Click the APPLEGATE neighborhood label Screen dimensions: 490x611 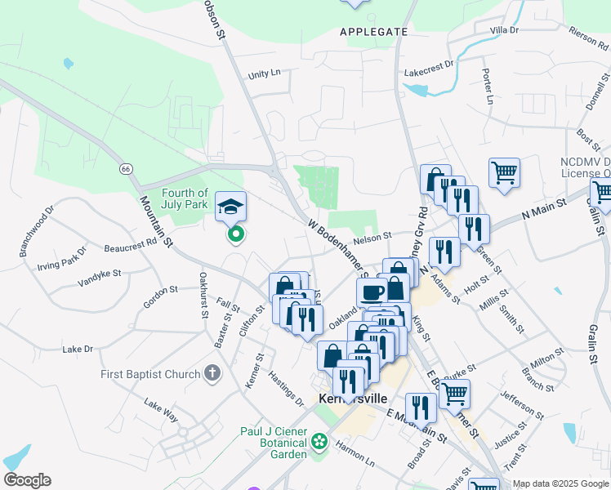373,32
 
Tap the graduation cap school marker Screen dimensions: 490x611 230,208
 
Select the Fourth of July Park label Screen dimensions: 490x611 185,198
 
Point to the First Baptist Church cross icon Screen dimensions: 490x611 212,375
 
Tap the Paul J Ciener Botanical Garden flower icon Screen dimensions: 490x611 319,443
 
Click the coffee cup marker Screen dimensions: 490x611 372,293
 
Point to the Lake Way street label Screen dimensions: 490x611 161,409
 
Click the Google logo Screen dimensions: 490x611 27,480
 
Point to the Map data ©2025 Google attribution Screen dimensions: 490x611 560,483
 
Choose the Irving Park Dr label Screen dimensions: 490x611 60,258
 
